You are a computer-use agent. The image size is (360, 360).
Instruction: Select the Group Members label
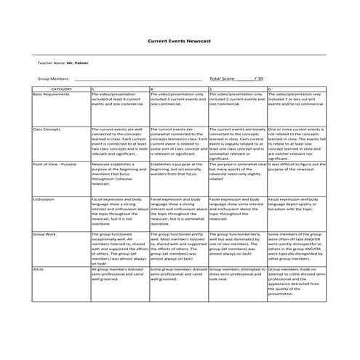54,79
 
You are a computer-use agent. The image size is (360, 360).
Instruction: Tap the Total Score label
222,79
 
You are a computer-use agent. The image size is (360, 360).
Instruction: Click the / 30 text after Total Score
260,79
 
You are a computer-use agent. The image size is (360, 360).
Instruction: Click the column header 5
93,89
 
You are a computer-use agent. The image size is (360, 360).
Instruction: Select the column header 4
151,89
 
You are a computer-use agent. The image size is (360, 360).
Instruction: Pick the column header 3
211,89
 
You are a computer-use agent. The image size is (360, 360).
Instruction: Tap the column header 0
270,89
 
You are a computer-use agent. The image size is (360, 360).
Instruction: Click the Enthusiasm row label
44,199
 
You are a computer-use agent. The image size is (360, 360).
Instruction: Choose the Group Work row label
45,234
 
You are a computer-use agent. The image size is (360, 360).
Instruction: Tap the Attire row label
39,268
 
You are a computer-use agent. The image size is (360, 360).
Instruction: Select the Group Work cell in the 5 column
119,247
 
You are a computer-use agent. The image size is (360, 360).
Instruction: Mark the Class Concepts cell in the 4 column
178,142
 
